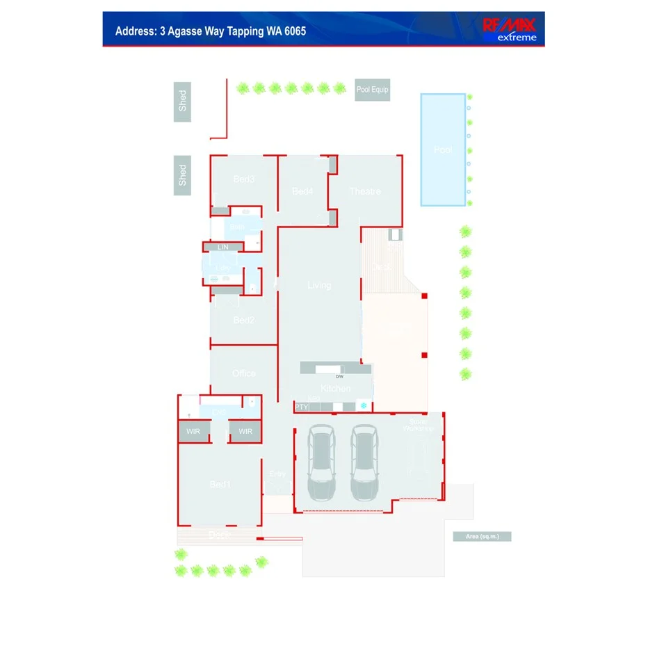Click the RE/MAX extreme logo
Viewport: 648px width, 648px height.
pos(511,29)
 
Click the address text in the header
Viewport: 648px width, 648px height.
pos(210,31)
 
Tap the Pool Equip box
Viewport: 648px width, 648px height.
pos(372,90)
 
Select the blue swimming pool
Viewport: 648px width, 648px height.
pos(443,149)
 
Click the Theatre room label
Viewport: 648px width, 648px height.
pos(365,191)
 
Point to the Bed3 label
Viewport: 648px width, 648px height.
pos(244,179)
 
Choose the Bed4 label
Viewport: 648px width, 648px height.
pos(302,191)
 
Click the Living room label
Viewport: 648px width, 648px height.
pos(319,285)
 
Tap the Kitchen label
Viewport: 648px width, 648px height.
pos(335,389)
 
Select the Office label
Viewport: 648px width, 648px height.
pos(244,373)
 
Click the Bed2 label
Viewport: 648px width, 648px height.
pos(244,321)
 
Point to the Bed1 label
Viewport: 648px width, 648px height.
pos(220,485)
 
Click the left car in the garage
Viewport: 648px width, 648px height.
pos(321,462)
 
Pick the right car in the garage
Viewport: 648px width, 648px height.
pos(364,462)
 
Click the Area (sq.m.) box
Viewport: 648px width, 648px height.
pos(482,536)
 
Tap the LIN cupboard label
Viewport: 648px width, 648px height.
pos(222,247)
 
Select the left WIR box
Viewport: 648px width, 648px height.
pos(193,432)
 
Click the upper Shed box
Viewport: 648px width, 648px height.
pos(182,102)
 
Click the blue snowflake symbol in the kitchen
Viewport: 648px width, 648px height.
pos(362,405)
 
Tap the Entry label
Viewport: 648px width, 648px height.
pos(277,474)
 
